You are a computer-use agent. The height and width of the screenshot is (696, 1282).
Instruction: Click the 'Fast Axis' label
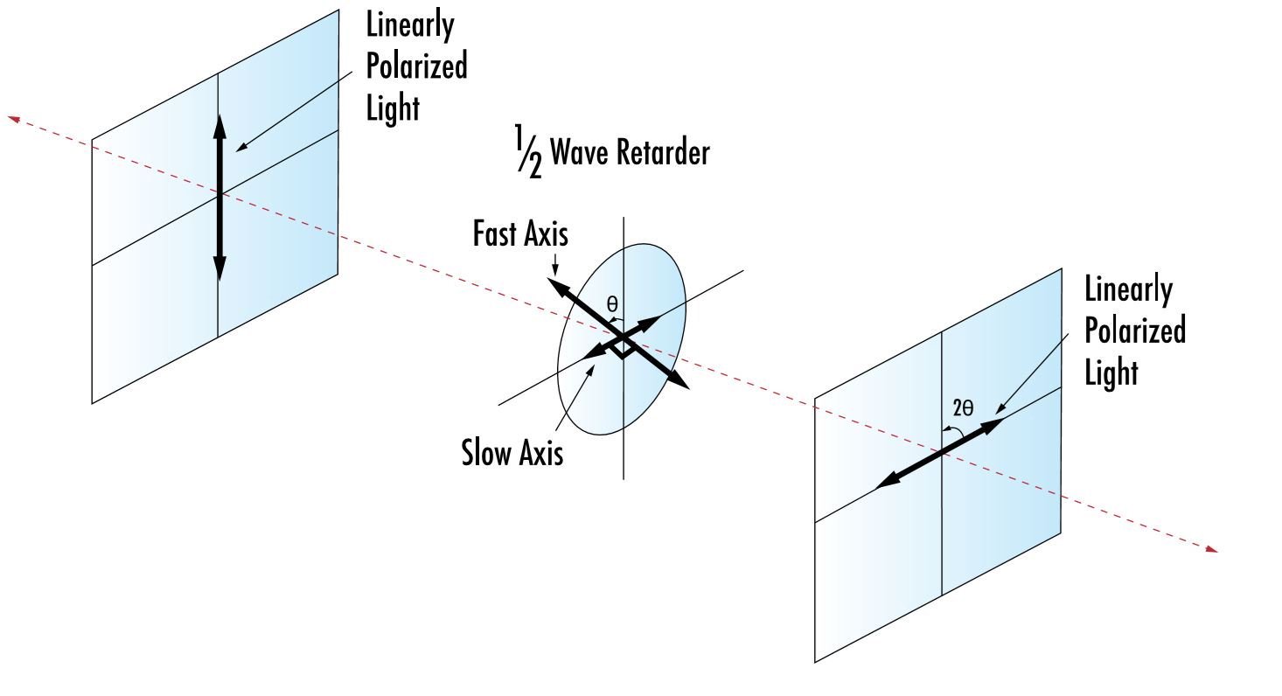520,234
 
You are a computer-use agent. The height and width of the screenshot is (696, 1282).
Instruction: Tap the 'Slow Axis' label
512,453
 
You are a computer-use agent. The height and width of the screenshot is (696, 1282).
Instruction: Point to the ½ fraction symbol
527,153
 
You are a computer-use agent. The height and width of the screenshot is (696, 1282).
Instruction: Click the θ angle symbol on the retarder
612,304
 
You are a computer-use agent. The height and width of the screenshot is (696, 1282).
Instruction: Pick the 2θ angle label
962,408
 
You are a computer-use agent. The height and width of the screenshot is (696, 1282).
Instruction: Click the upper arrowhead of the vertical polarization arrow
219,124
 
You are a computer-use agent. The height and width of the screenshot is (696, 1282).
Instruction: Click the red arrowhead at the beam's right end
1212,549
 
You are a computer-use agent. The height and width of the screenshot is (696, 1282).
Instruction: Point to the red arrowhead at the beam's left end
13,117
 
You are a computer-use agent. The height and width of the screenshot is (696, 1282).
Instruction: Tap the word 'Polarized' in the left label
416,67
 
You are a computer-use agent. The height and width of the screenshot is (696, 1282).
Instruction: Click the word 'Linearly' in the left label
410,25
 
